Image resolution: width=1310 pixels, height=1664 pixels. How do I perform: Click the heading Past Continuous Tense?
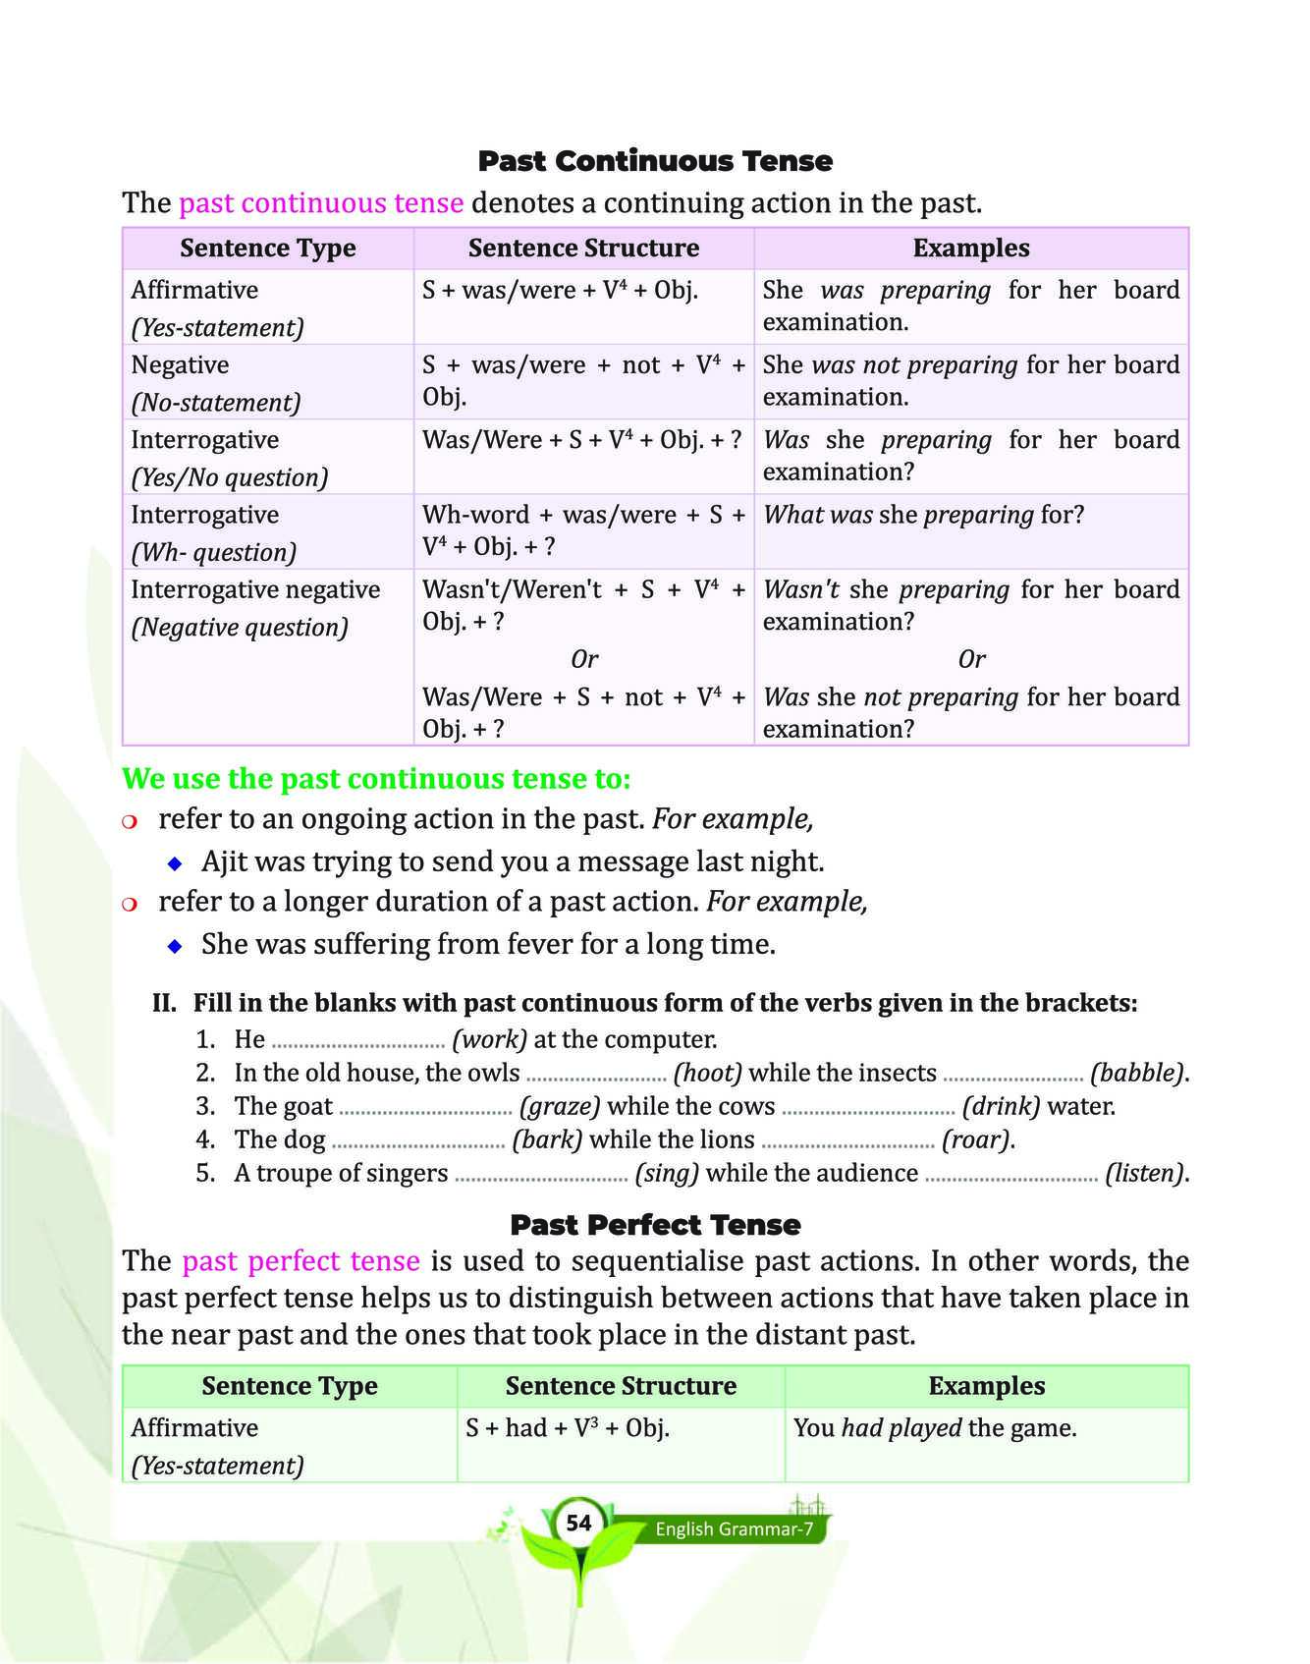[655, 161]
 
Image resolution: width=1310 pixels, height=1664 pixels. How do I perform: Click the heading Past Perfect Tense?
[655, 1225]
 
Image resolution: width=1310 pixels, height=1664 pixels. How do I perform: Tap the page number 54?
[579, 1523]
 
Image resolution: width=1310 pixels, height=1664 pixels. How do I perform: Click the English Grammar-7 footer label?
[735, 1528]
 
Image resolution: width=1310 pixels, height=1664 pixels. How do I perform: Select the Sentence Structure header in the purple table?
[583, 249]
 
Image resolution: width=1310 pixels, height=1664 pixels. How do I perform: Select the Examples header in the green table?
[986, 1386]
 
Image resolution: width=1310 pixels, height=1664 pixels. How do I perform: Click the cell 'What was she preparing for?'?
[923, 515]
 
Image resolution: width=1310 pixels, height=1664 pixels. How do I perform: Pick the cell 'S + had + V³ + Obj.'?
[568, 1428]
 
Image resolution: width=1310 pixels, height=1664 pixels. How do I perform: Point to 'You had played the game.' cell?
[935, 1428]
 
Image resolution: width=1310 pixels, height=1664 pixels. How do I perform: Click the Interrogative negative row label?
[255, 590]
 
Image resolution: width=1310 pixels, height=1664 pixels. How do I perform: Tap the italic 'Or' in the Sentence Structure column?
[584, 659]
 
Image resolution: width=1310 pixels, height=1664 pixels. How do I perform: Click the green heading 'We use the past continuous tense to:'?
[376, 779]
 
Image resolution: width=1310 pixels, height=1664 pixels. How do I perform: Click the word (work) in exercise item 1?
[489, 1039]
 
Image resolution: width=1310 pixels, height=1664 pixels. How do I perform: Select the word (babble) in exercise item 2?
[1136, 1073]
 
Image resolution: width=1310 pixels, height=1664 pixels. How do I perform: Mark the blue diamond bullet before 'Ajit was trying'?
[175, 863]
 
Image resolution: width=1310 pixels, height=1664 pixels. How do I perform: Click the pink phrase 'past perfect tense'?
[300, 1261]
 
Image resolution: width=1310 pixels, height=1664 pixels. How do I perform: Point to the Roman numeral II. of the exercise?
[164, 1003]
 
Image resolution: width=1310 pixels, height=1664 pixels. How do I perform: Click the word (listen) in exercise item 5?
[1145, 1173]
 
